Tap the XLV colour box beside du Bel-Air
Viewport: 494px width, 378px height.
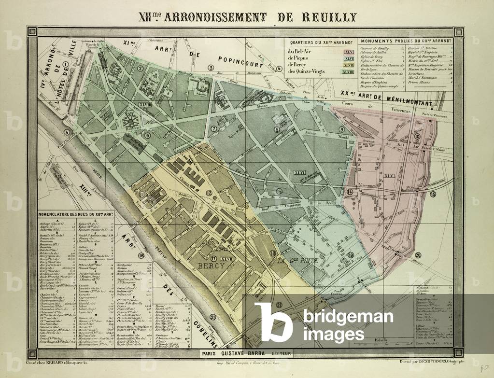pos(349,52)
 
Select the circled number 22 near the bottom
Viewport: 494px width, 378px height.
pos(279,305)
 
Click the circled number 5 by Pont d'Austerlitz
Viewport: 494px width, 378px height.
pos(68,132)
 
